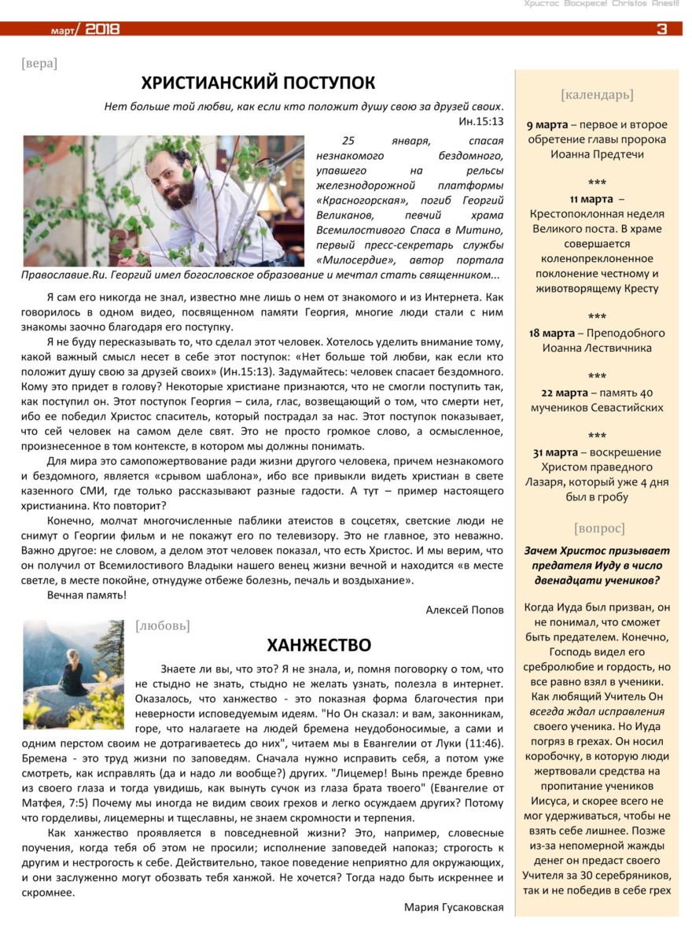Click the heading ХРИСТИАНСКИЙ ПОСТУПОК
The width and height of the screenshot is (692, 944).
click(258, 83)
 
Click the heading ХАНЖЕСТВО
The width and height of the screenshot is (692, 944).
click(318, 646)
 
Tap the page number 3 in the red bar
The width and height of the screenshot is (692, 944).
click(661, 30)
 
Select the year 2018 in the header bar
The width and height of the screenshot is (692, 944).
click(102, 30)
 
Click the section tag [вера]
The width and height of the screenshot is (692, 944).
click(39, 63)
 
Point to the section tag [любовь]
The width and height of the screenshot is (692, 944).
click(163, 626)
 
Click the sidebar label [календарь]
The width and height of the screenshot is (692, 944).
click(597, 95)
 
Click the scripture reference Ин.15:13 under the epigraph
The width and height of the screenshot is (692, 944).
click(480, 122)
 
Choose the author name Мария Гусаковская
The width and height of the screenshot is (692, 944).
click(454, 907)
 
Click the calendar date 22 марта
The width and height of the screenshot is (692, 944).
click(564, 392)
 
